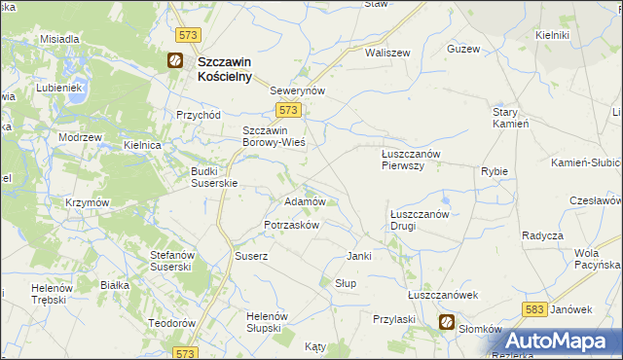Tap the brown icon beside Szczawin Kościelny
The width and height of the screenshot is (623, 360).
coord(175,60)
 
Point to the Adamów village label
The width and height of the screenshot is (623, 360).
coord(303,201)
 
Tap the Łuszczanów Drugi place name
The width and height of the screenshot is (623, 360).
coord(418,220)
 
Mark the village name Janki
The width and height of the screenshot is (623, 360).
coord(360,256)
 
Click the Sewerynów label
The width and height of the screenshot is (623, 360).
coord(296,90)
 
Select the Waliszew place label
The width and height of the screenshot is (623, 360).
coord(387,53)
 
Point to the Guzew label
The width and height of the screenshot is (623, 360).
coord(462,49)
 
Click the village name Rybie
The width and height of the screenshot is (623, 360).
coord(495,171)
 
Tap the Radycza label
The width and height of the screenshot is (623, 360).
coord(542,236)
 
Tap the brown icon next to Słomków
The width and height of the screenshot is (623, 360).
coord(446,323)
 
